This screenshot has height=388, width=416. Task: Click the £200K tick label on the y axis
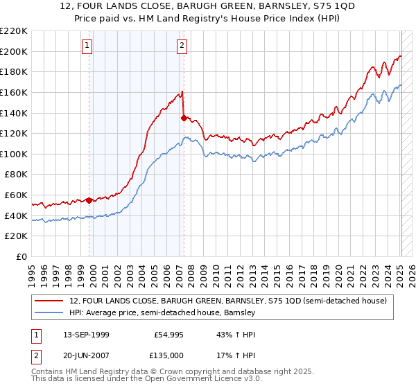pos(14,51)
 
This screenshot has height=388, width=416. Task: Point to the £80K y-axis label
pos(16,175)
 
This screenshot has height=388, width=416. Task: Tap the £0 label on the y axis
pos(22,257)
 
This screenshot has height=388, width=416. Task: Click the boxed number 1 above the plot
pos(87,46)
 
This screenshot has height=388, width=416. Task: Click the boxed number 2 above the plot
pos(182,46)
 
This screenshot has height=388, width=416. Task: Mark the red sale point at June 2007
pos(184,118)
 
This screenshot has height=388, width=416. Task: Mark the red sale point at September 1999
pos(89,200)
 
